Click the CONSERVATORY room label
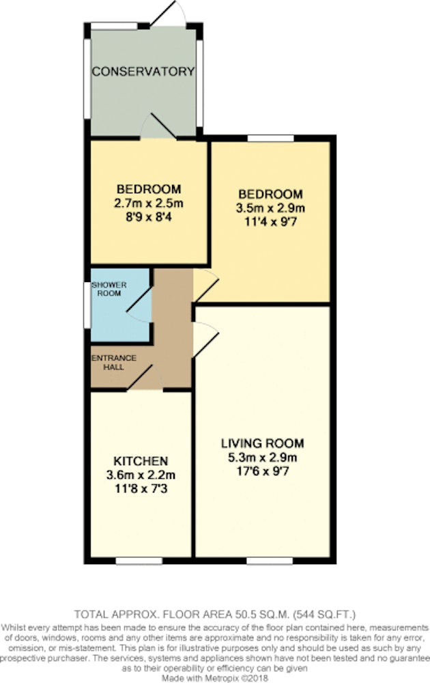pos(143,72)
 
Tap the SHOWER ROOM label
pos(109,289)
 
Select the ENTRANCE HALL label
pos(113,363)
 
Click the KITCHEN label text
pos(141,461)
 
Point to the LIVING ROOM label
pos(263,443)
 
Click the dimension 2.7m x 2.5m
pos(148,203)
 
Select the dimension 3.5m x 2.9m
pos(270,208)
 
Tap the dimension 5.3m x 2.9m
pos(263,458)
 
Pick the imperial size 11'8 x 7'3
pos(141,489)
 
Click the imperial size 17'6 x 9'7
pos(263,471)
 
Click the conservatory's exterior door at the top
pos(168,13)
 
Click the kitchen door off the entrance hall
pos(145,378)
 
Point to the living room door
pos(205,339)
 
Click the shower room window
pos(87,305)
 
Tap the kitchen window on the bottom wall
pos(139,561)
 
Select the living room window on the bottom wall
pos(270,561)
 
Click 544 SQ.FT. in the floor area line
pos(325,615)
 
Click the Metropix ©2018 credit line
pos(215,678)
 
